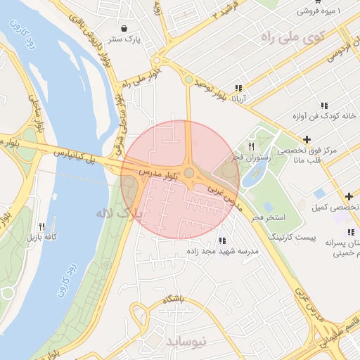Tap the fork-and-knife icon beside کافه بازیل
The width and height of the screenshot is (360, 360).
coord(41,226)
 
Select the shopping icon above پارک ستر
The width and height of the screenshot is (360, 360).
coord(124,29)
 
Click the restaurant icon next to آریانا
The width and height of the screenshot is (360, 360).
coord(238,89)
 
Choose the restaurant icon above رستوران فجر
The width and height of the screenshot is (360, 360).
coord(251,146)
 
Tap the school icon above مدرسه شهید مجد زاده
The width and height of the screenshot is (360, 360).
coord(223,240)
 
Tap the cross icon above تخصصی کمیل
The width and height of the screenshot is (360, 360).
coord(349,195)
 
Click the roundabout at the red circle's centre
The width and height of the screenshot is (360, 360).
coord(189,173)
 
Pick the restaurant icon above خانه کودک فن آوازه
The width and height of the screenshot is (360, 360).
coord(323,105)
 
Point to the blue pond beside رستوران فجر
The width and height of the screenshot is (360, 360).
coord(252,174)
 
